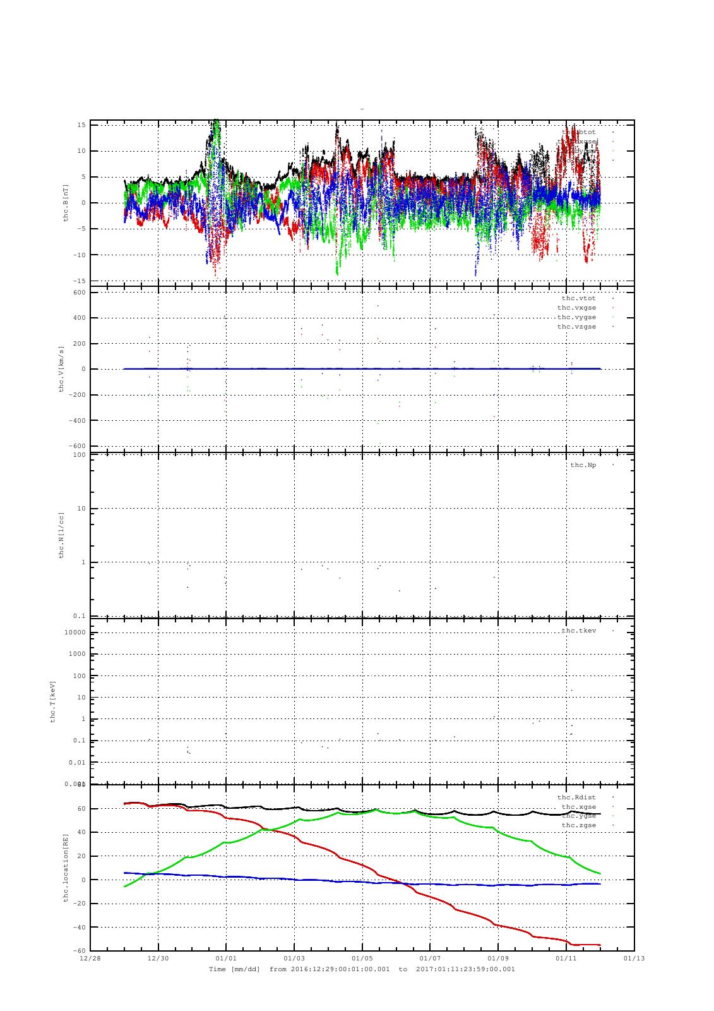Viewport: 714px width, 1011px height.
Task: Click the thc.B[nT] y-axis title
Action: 66,202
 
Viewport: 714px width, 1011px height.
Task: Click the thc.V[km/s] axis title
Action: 61,369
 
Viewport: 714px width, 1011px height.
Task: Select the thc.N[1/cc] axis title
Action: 61,535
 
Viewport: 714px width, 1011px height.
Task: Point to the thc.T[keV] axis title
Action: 54,701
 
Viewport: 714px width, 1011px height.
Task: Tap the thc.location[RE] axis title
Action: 66,868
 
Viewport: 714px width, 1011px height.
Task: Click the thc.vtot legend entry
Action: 578,298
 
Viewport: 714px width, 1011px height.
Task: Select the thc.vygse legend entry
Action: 576,317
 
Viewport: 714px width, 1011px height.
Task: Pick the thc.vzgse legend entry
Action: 576,327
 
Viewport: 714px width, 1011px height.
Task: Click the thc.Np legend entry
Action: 583,465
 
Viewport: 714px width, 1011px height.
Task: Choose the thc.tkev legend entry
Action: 578,631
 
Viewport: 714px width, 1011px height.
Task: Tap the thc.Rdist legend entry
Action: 576,797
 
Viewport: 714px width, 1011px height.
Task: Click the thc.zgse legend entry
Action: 578,825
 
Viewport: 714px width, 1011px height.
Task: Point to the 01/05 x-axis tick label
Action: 362,959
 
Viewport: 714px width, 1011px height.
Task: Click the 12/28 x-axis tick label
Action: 90,959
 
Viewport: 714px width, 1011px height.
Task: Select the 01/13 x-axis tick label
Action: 634,959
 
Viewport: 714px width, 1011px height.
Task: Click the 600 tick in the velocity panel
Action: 79,293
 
